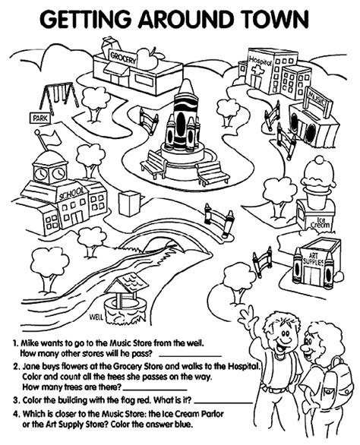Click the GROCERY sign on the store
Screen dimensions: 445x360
pyautogui.click(x=122, y=57)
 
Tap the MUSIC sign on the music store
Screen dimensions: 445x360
pyautogui.click(x=316, y=99)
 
